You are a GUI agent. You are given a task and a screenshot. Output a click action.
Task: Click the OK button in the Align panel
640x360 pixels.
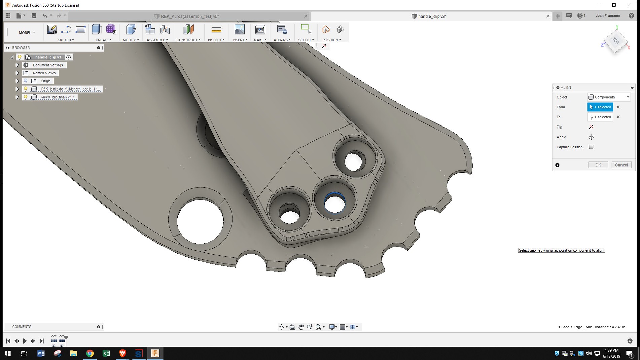click(598, 165)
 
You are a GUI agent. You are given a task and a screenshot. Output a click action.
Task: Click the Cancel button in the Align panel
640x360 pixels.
click(621, 165)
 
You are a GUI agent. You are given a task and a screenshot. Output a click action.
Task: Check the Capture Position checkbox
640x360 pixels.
click(591, 147)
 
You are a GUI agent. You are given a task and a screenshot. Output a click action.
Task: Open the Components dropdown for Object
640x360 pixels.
click(609, 97)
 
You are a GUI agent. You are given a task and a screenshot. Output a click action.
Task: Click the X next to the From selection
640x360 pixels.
click(618, 107)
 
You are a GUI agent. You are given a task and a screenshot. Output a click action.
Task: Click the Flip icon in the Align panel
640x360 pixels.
click(591, 127)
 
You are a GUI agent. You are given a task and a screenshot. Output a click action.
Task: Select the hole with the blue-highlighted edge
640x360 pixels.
click(334, 203)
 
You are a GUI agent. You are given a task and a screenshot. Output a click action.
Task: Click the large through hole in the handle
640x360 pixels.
click(200, 221)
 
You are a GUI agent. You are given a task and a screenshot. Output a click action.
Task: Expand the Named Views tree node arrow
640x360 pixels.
click(17, 73)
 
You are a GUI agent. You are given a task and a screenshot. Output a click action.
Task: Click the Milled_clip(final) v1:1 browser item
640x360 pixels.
click(58, 97)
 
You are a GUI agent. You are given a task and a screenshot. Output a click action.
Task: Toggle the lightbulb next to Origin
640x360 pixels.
click(25, 81)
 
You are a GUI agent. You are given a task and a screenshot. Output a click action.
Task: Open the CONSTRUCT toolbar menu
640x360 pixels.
click(188, 40)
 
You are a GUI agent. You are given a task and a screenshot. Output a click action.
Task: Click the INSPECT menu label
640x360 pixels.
click(216, 40)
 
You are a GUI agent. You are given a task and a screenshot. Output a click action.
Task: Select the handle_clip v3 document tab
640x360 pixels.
click(432, 16)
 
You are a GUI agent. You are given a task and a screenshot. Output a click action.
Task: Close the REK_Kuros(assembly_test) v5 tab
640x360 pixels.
click(306, 16)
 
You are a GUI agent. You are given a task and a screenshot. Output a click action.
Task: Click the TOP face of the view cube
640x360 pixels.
click(615, 41)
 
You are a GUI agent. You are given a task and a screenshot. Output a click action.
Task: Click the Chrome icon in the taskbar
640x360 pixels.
click(90, 353)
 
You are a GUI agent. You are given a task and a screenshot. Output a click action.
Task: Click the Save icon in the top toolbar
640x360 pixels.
click(34, 16)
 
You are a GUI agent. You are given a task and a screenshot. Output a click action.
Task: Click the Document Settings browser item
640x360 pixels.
click(48, 65)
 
